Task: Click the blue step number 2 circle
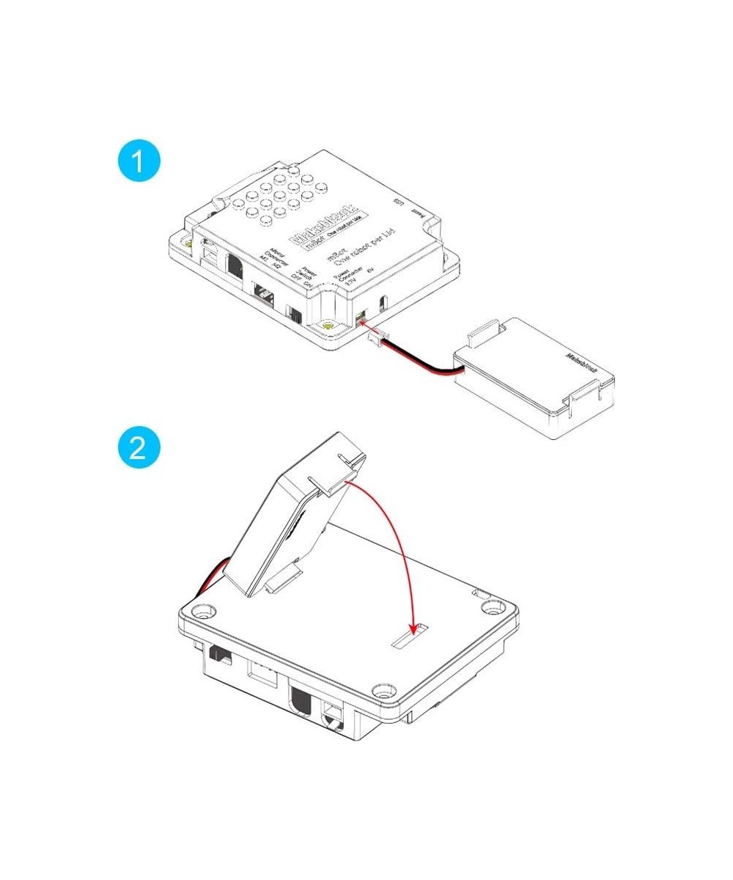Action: pyautogui.click(x=138, y=447)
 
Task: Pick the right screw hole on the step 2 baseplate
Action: pyautogui.click(x=493, y=606)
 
